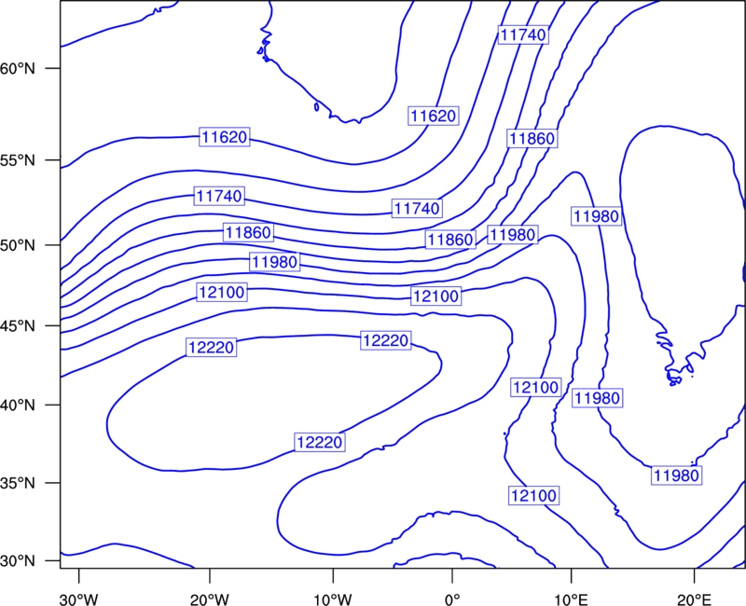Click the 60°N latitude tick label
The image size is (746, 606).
[18, 68]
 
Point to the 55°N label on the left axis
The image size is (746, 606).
[18, 160]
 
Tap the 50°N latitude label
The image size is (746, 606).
[18, 245]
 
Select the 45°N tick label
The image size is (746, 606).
[18, 325]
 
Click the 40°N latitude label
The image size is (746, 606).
[18, 406]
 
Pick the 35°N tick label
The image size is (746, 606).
[18, 483]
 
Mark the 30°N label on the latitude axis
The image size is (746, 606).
[18, 561]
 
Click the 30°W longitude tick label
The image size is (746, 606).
[79, 597]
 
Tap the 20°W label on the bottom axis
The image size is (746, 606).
[210, 597]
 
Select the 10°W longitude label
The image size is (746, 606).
[333, 597]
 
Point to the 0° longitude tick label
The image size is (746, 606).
[452, 597]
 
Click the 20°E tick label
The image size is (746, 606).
[694, 597]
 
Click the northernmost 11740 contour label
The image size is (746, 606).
[523, 34]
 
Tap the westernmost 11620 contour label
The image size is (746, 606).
[225, 137]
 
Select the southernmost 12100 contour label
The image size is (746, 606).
[533, 496]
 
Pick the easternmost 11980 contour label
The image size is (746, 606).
[677, 475]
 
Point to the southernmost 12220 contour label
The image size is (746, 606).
[320, 442]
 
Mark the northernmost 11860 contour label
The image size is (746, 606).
[532, 138]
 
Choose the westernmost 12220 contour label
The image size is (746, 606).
[212, 348]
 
